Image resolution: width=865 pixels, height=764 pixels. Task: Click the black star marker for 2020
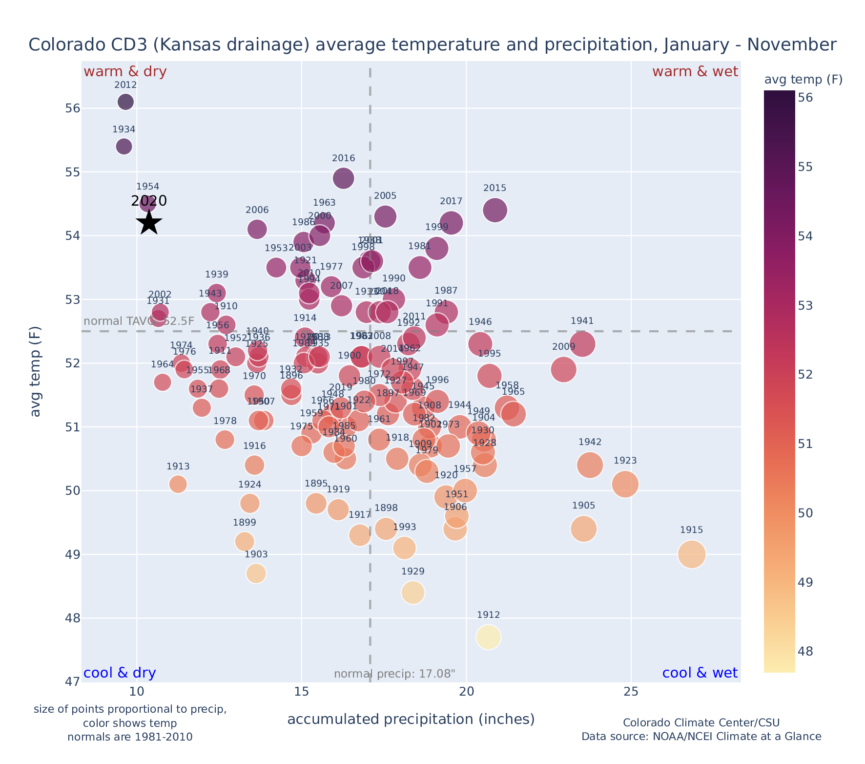(x=149, y=223)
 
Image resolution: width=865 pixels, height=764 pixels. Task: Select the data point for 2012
(x=125, y=102)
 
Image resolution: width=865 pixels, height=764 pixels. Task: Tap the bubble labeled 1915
(x=691, y=554)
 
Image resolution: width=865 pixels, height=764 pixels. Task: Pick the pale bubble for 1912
(x=489, y=637)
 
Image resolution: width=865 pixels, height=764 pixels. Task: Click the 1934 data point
(x=124, y=147)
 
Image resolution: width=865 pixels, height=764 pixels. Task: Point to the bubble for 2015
(x=495, y=210)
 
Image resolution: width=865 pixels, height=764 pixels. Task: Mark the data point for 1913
(x=178, y=484)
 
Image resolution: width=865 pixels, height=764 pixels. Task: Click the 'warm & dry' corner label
(x=125, y=72)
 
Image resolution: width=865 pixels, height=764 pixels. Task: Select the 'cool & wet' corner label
(x=700, y=673)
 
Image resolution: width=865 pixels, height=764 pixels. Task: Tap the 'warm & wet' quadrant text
(x=695, y=72)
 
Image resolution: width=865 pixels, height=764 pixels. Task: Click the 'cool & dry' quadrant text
(x=120, y=673)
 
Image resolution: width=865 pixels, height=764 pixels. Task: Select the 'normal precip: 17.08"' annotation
(x=394, y=674)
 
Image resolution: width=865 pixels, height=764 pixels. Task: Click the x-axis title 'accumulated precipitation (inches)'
(x=411, y=720)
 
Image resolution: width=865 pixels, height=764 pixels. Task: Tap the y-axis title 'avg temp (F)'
(x=35, y=372)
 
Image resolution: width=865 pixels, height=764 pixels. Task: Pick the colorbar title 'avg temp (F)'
(x=803, y=80)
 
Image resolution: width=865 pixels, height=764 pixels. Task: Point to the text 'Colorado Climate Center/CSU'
(x=701, y=723)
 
